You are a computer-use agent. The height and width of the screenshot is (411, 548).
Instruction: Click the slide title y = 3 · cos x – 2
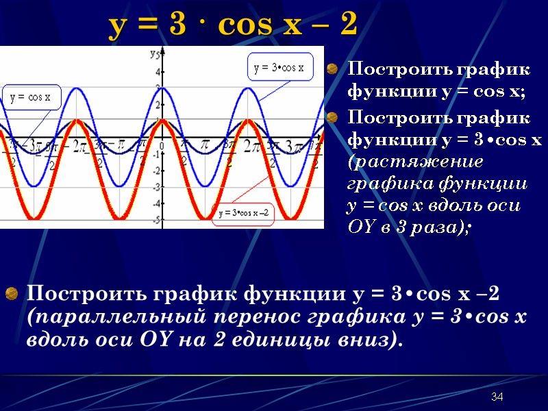(234, 26)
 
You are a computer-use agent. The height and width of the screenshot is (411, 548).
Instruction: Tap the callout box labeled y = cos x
(30, 97)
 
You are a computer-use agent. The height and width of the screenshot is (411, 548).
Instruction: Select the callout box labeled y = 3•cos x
(279, 68)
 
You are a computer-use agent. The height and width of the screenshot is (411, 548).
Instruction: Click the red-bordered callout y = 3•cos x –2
(244, 213)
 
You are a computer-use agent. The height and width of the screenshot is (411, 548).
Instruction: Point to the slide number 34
(497, 398)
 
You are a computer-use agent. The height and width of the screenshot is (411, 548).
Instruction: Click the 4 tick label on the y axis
(158, 72)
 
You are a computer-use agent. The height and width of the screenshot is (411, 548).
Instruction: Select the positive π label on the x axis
(205, 145)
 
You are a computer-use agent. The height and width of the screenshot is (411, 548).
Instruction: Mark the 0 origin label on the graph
(162, 146)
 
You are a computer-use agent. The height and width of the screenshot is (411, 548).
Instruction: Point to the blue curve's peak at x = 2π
(248, 88)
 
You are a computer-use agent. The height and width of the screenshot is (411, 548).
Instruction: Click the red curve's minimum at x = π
(205, 219)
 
